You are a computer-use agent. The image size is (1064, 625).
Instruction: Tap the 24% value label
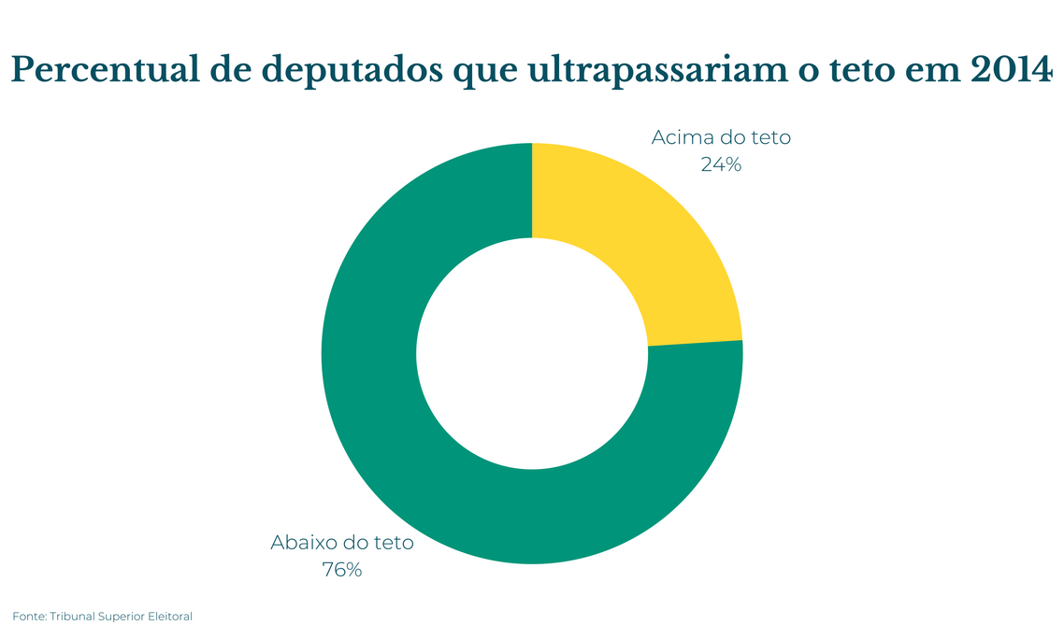(x=720, y=164)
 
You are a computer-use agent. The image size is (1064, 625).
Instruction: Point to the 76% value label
(x=341, y=569)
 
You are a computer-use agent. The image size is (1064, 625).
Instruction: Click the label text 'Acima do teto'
(x=721, y=138)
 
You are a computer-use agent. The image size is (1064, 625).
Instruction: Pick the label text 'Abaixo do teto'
(x=341, y=543)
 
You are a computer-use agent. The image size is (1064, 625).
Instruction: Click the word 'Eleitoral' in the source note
(x=167, y=617)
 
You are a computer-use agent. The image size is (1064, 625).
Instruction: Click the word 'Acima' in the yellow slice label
(x=680, y=138)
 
